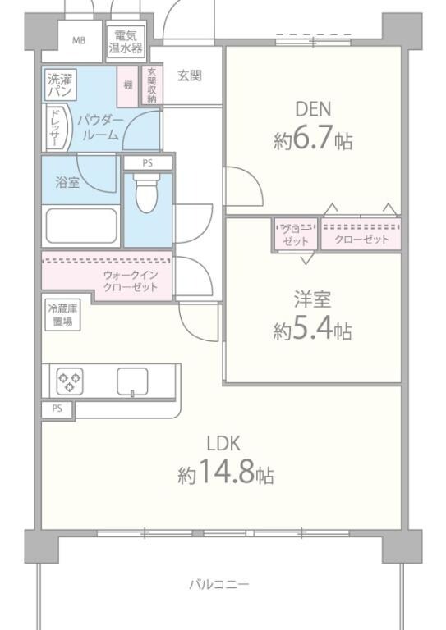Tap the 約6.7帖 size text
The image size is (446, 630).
tap(313, 139)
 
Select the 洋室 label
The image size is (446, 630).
tap(313, 299)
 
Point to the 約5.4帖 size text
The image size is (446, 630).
tap(313, 331)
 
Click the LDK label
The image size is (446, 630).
tap(223, 444)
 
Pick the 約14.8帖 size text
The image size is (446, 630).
tap(226, 475)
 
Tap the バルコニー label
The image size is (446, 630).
tap(218, 585)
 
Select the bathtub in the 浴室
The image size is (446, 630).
tap(81, 226)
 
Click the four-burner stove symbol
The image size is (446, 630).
tap(69, 381)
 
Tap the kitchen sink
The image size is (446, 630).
tap(132, 381)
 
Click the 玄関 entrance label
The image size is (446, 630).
tap(190, 75)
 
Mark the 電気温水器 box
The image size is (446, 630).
tap(126, 42)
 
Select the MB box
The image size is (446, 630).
tap(80, 40)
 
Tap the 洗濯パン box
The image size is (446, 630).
tap(59, 86)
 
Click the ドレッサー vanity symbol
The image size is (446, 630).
tap(54, 129)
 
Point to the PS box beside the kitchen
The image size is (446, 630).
tap(57, 408)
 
